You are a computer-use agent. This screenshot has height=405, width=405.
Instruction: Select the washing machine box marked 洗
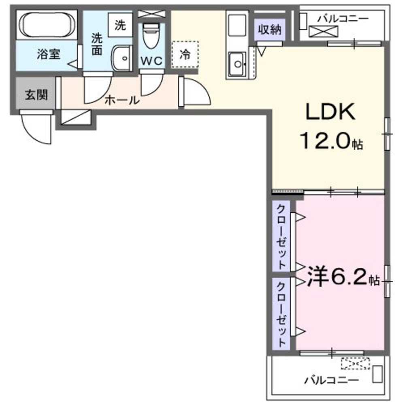[120, 26]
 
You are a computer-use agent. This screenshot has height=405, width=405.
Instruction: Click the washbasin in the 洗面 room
[122, 59]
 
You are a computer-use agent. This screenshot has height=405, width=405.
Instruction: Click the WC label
[151, 61]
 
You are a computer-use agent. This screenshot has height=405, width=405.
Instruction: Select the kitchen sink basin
[237, 64]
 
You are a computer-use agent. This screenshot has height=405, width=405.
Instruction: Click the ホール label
[122, 101]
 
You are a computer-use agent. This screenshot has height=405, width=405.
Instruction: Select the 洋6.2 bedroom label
[338, 279]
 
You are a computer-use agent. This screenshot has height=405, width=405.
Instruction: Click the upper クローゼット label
[281, 237]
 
